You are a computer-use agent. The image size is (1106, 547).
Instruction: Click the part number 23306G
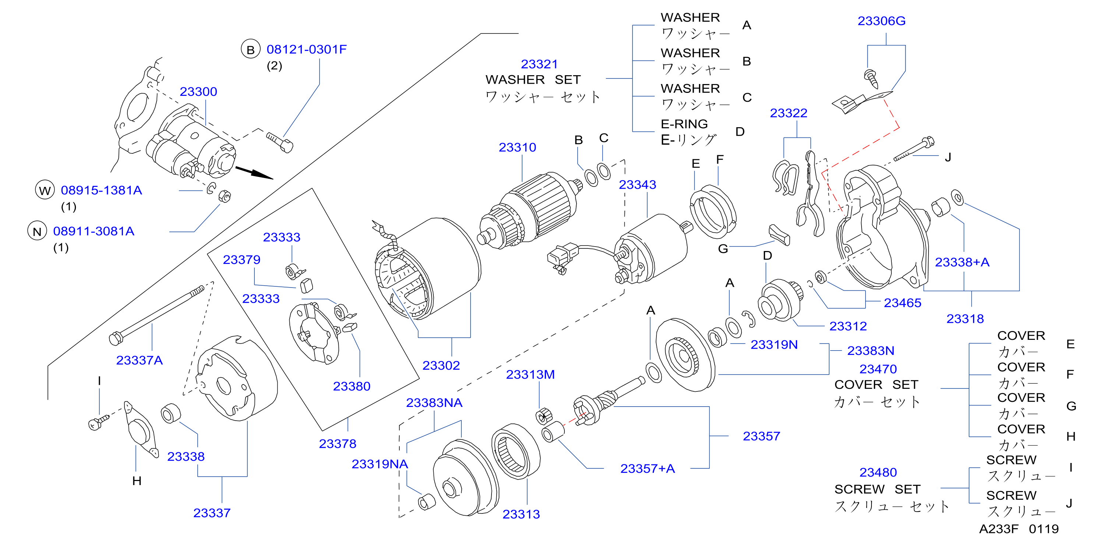tap(881, 21)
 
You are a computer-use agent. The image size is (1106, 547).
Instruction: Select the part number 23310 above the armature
tap(517, 147)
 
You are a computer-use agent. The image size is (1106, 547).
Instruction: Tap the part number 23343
tap(637, 185)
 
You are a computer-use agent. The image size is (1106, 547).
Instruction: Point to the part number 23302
tap(441, 365)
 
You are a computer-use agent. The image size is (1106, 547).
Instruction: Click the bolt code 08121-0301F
tap(307, 49)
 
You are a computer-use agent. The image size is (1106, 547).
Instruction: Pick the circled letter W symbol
tap(45, 190)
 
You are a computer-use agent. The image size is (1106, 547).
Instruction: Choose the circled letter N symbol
tap(37, 231)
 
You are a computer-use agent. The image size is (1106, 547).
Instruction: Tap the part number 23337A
tap(140, 360)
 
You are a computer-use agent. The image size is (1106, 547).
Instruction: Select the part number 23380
tap(352, 386)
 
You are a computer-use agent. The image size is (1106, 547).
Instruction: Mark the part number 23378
tap(338, 443)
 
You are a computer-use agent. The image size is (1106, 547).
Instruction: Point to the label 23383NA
tap(434, 403)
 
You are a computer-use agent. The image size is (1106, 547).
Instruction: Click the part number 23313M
tap(530, 375)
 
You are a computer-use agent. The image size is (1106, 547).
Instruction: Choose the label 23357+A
tap(648, 468)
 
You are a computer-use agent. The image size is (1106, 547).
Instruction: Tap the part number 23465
tap(902, 303)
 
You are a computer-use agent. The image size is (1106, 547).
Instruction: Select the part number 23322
tap(788, 113)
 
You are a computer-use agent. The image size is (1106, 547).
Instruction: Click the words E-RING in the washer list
tap(684, 124)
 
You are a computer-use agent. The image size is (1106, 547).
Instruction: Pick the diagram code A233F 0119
tap(1019, 529)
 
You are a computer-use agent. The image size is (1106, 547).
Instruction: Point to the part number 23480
tap(878, 472)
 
